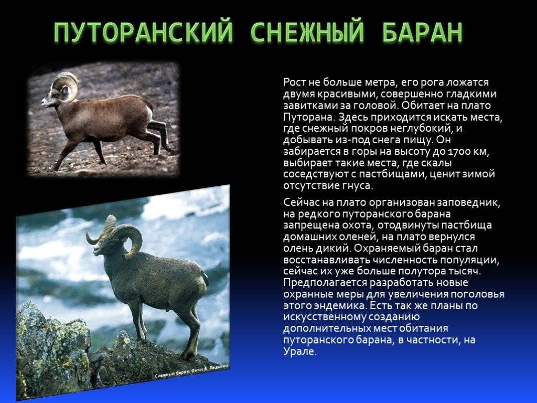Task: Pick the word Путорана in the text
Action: point(308,117)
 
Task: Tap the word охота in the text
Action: point(357,226)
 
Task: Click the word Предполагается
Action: point(324,283)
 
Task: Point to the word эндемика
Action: point(335,306)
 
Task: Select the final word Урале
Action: point(298,352)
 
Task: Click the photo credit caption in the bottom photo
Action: point(192,372)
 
